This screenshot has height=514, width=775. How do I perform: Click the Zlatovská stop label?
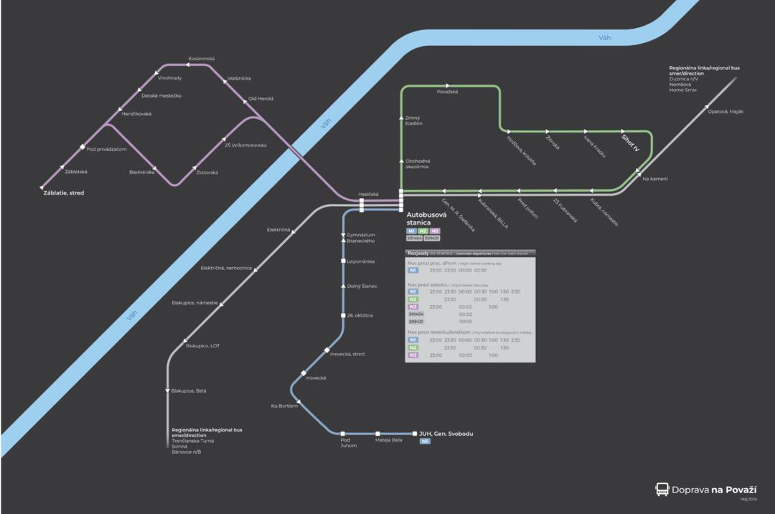(207, 172)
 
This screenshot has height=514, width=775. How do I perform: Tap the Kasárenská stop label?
(202, 58)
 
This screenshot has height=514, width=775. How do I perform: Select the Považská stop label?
(447, 92)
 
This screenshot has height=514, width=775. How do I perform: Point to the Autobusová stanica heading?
(426, 218)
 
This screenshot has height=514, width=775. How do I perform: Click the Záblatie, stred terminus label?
(64, 193)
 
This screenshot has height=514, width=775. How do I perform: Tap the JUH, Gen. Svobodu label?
(446, 434)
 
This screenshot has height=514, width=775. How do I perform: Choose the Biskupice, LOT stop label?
(203, 346)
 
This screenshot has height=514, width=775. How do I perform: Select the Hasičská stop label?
(368, 194)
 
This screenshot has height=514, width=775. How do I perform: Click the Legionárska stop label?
(361, 261)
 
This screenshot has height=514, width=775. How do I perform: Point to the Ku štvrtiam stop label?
(284, 406)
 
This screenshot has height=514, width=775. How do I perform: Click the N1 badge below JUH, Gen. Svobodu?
(425, 441)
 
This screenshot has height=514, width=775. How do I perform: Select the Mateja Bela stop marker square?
(378, 434)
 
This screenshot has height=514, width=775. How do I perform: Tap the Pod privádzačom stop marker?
(83, 147)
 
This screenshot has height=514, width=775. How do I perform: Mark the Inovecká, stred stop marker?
(327, 350)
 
